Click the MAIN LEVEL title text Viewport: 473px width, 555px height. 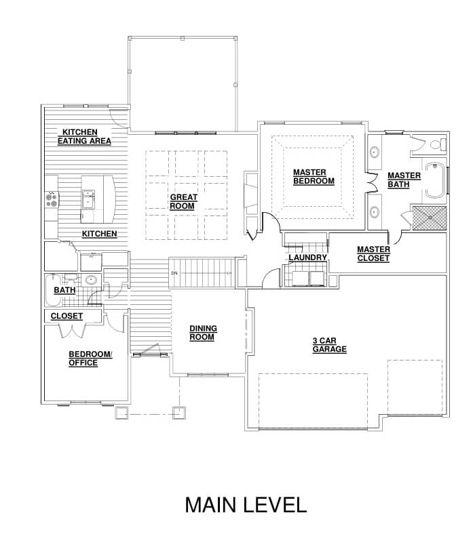(x=246, y=505)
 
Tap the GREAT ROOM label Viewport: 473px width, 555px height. (x=183, y=202)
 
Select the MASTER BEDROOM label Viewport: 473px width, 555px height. (x=314, y=177)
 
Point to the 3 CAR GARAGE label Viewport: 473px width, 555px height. (x=329, y=345)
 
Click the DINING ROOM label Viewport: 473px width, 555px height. (x=203, y=333)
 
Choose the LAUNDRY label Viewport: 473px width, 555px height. (x=307, y=258)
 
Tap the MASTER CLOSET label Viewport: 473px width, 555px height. (x=373, y=254)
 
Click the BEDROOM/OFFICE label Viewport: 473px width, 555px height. (x=90, y=358)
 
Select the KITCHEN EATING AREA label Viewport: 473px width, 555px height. (x=84, y=136)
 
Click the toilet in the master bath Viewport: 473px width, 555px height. (x=438, y=144)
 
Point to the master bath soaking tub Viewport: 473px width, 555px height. (x=435, y=180)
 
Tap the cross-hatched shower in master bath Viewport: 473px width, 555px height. (x=429, y=218)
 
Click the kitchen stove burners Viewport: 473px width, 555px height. (x=52, y=200)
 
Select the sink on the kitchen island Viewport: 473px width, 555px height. (x=88, y=199)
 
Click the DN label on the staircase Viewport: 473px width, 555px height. (x=174, y=273)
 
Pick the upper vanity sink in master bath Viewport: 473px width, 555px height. (x=374, y=152)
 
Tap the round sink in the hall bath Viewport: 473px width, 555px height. (x=92, y=281)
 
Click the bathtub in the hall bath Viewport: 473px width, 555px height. (x=53, y=290)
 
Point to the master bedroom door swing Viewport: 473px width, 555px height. (x=271, y=220)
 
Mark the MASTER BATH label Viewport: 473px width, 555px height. (x=404, y=180)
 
